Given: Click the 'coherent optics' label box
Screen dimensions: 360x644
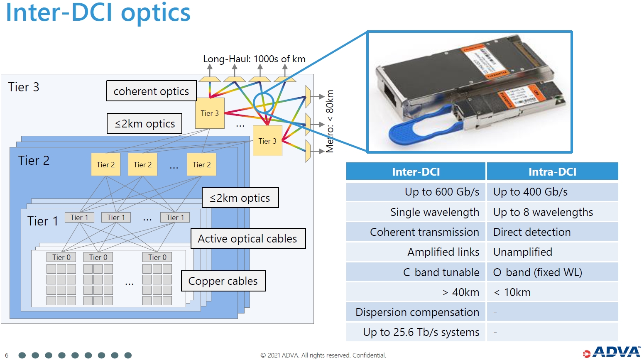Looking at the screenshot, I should tap(151, 91).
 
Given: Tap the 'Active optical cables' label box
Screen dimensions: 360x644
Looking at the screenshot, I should tap(248, 239).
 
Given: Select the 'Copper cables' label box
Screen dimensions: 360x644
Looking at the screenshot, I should tap(223, 282).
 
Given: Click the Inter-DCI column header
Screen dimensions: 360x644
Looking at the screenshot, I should tap(416, 172).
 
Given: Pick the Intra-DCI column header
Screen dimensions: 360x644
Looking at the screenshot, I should tap(552, 172).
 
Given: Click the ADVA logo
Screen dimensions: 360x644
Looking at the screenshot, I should tap(612, 352).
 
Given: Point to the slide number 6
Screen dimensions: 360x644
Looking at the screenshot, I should tap(7, 355).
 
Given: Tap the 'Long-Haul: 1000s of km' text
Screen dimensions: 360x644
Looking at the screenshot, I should tap(254, 59).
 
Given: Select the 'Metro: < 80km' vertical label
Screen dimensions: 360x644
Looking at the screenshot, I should tap(330, 121).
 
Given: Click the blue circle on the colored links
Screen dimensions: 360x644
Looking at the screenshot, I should tap(263, 102).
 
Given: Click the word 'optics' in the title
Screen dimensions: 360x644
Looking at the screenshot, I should tap(156, 12).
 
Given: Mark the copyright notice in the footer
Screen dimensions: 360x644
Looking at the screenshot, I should tap(323, 355).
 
